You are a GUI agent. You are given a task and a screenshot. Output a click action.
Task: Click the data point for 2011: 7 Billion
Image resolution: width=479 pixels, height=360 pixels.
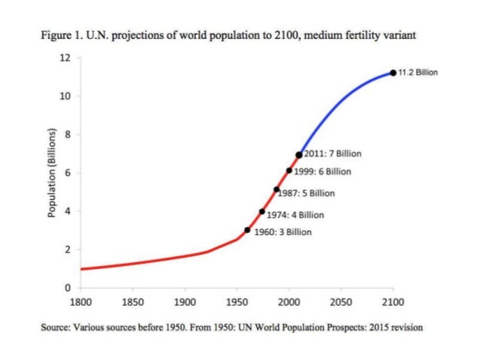[299, 154]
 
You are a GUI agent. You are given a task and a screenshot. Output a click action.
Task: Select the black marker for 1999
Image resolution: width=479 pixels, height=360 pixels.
[289, 171]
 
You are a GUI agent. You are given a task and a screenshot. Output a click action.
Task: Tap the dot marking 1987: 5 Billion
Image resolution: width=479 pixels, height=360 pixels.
[276, 189]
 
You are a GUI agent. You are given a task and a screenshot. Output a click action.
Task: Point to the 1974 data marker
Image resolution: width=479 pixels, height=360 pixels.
[262, 211]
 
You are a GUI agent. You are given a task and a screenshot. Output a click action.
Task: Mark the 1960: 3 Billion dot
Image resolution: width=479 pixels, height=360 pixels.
[248, 230]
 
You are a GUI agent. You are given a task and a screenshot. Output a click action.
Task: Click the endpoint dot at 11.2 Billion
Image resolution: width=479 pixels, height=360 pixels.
[393, 73]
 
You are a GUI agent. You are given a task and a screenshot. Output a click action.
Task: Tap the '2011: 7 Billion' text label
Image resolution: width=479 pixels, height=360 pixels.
[333, 153]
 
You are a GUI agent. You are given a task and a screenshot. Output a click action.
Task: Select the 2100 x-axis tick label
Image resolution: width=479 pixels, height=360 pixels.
[393, 302]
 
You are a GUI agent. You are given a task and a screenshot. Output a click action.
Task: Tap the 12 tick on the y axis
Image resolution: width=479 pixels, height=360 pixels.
[66, 58]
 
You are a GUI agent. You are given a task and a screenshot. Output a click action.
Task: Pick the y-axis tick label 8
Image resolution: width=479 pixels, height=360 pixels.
[68, 135]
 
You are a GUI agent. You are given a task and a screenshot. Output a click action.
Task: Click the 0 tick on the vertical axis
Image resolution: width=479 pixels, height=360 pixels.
[68, 288]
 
